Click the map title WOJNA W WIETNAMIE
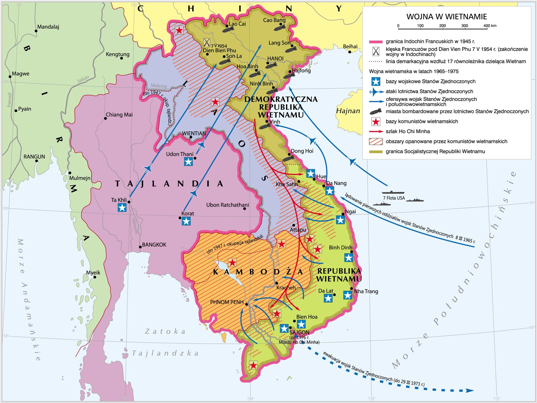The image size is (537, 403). (446, 17)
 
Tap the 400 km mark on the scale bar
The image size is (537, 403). (487, 26)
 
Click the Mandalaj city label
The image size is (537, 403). (48, 27)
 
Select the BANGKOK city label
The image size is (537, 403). (154, 245)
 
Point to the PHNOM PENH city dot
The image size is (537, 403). (246, 304)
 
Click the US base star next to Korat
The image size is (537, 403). (186, 221)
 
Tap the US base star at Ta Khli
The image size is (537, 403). (122, 208)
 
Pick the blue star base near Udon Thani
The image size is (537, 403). (188, 162)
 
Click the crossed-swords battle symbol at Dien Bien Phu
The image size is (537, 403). (207, 42)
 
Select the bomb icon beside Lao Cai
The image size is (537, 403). (228, 29)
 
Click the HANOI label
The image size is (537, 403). (275, 59)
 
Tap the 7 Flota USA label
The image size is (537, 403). (394, 198)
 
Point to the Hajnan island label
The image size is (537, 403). (348, 111)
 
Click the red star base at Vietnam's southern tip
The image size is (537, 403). (253, 365)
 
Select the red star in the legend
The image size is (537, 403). (376, 122)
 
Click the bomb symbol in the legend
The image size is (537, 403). (376, 112)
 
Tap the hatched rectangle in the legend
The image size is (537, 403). (376, 141)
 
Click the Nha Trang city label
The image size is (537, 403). (366, 291)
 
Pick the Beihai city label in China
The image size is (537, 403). (350, 46)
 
